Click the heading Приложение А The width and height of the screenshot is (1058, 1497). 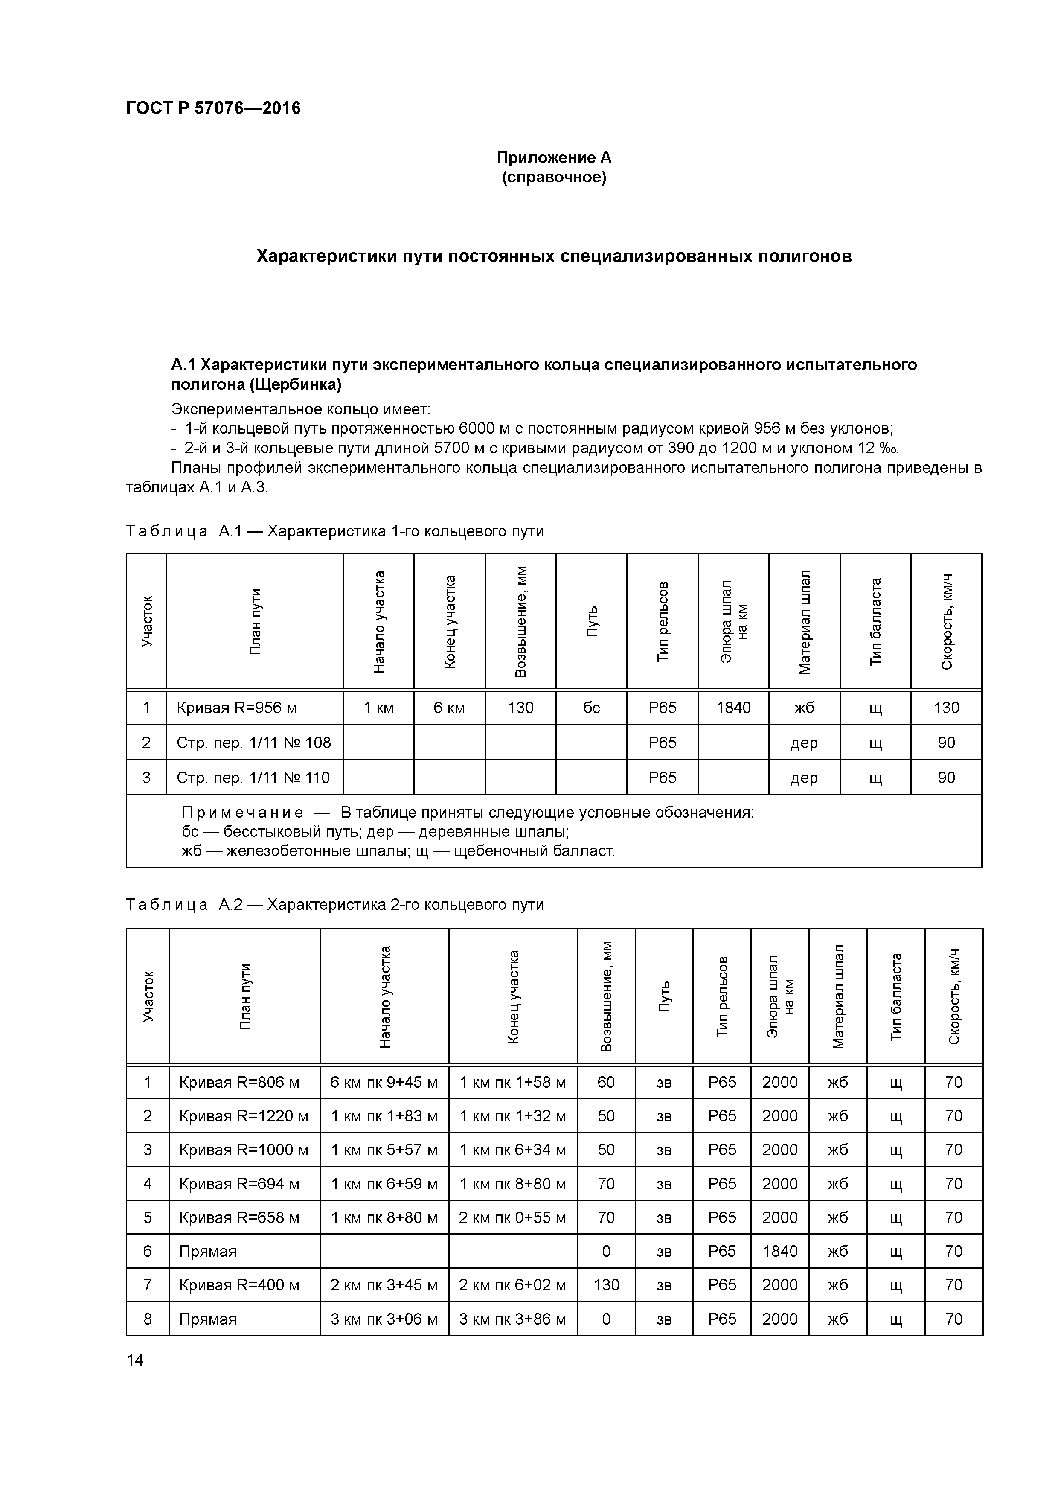pyautogui.click(x=553, y=158)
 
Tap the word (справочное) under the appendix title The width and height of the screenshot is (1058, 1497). pyautogui.click(x=553, y=178)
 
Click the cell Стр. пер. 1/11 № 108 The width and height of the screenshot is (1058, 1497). pyautogui.click(x=253, y=743)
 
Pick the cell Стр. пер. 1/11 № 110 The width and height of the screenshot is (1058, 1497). pyautogui.click(x=253, y=777)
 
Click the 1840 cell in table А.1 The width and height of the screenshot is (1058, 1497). pyautogui.click(x=733, y=708)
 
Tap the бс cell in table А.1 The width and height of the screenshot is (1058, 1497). pyautogui.click(x=591, y=708)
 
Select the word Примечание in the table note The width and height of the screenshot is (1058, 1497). pyautogui.click(x=242, y=813)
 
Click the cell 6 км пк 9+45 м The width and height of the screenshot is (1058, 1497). pyautogui.click(x=384, y=1082)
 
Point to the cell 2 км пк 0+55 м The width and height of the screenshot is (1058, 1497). pyautogui.click(x=512, y=1217)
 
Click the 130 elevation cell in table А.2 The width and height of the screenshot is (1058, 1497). pyautogui.click(x=606, y=1285)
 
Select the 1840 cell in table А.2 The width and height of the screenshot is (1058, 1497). pyautogui.click(x=780, y=1251)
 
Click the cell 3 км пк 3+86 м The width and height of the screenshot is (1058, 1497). pyautogui.click(x=512, y=1319)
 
